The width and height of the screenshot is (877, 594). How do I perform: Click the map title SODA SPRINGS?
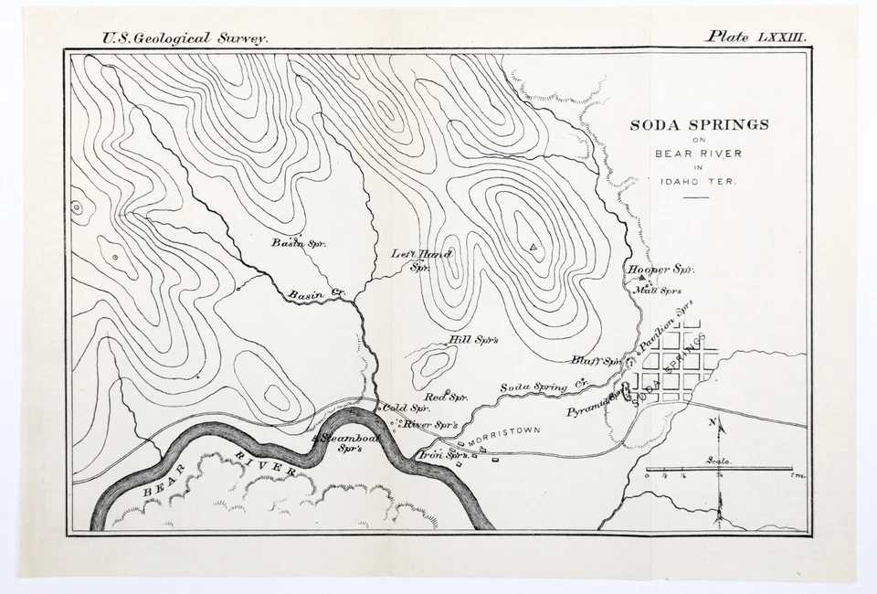coord(699,125)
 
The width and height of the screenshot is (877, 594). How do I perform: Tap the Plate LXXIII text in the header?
coord(755,37)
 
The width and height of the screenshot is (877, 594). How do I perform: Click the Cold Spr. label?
coord(406,408)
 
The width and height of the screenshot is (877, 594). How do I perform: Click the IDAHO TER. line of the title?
coord(699,181)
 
